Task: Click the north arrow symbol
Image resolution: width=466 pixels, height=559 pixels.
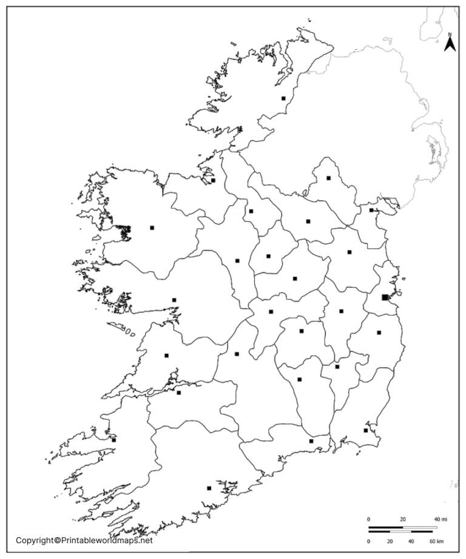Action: [450, 45]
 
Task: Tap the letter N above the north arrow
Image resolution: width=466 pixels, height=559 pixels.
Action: [450, 34]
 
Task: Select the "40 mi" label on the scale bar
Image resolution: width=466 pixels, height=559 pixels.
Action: [440, 519]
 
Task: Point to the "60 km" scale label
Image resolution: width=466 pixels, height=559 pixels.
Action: [437, 541]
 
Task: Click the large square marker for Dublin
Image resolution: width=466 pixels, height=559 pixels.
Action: [385, 297]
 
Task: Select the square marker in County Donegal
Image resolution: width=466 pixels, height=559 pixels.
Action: [283, 98]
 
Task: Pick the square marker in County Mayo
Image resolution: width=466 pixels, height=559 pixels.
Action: [152, 228]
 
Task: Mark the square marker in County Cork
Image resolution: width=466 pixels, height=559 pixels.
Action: [209, 487]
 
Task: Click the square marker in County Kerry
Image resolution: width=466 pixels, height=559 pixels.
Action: [113, 440]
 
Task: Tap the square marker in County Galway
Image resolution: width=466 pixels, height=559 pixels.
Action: [174, 300]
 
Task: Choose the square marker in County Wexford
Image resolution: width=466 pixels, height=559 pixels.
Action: [365, 430]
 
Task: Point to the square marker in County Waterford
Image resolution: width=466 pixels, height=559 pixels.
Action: [311, 441]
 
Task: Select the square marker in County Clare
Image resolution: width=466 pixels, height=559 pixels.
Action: [166, 356]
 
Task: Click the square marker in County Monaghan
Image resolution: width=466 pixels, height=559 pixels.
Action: [328, 178]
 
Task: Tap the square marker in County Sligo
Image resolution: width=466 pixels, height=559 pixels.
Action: [213, 180]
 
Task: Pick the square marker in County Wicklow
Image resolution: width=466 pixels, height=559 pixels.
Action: [379, 332]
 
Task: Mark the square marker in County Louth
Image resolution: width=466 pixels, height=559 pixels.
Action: [371, 210]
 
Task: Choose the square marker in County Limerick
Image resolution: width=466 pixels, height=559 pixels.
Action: [178, 392]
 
